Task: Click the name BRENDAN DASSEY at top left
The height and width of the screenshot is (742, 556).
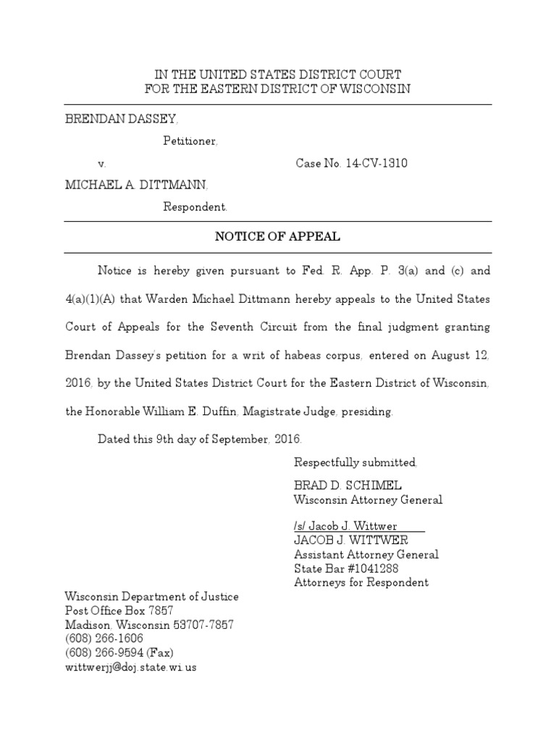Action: point(120,119)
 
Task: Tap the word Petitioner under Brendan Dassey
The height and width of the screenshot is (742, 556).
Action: point(190,141)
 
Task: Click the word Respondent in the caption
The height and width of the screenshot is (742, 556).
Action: point(195,207)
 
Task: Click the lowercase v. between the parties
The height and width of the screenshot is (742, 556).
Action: point(102,163)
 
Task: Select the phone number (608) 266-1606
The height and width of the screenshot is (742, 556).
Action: point(104,638)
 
